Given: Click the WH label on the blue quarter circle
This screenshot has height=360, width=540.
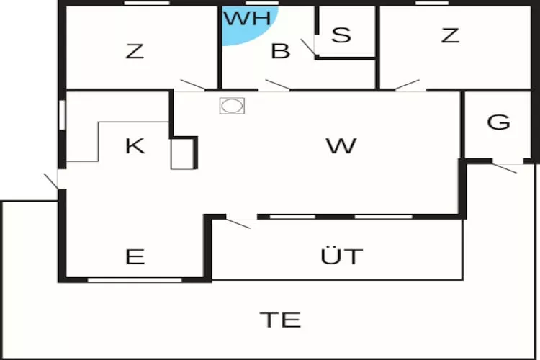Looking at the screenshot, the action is tap(247, 18).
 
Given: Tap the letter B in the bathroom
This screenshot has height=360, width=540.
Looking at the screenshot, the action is tap(281, 50).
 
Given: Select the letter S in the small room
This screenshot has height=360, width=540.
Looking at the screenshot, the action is tap(341, 35).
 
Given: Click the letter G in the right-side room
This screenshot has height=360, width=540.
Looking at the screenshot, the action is tap(498, 122).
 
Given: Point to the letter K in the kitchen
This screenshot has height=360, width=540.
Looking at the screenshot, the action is tap(135, 145).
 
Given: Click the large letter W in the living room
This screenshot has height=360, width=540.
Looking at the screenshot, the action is tap(341, 145).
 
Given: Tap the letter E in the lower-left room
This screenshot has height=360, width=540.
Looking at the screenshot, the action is tap(135, 256).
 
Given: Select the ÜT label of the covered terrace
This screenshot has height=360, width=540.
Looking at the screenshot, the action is tap(341, 256).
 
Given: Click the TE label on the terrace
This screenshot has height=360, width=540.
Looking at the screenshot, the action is tap(280, 320).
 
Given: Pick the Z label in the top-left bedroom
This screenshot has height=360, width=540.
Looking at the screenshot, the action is tap(135, 51).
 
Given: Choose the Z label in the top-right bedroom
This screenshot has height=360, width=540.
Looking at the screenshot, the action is tap(450, 35).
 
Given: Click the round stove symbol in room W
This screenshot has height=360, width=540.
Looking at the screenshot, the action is tap(232, 106).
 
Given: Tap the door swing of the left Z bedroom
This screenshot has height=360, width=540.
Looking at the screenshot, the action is tap(193, 85).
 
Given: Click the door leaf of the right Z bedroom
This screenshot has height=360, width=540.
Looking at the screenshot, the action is tap(407, 85).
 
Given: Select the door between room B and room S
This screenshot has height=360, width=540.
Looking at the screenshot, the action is tap(308, 48).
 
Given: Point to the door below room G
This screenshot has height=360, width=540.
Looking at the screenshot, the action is tap(504, 168).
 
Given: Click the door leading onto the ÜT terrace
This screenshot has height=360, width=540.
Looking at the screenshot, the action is tap(238, 223).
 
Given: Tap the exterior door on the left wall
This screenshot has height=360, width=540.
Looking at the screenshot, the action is tap(51, 181).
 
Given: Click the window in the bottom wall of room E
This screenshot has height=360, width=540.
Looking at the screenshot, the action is tap(135, 280).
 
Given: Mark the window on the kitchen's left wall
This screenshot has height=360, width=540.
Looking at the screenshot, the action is tap(62, 115).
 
